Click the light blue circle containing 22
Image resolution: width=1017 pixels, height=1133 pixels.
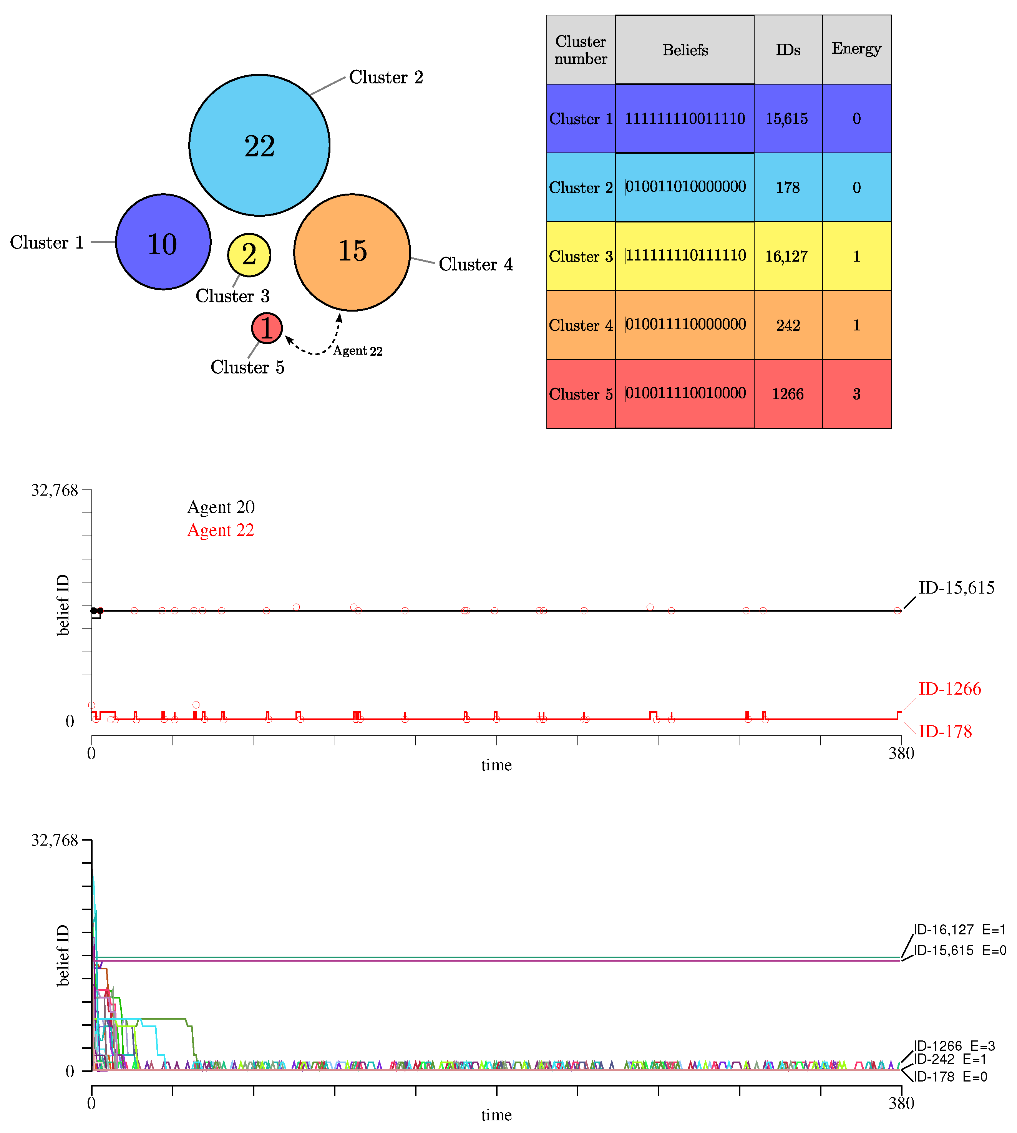click(x=259, y=145)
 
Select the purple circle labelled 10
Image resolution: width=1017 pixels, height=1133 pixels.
click(x=163, y=242)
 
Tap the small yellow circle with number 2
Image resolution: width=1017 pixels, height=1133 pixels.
click(x=249, y=255)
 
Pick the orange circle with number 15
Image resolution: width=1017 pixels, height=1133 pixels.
click(x=352, y=252)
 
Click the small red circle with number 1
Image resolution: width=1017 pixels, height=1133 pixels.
click(x=267, y=328)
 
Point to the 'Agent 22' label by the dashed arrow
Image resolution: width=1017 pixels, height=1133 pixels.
click(x=358, y=351)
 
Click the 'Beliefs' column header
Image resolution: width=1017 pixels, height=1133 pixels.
click(x=685, y=50)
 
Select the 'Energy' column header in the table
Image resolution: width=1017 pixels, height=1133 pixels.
click(x=856, y=49)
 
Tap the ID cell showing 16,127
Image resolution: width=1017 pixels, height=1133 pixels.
click(x=787, y=256)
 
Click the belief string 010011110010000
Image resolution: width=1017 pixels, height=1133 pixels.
click(x=685, y=393)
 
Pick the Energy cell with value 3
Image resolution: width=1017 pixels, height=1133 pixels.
click(x=856, y=394)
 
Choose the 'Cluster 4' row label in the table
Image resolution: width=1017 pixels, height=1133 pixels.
click(x=581, y=325)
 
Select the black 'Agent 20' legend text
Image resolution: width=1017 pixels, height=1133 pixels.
click(x=221, y=507)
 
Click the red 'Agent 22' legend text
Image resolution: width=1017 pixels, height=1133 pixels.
click(x=221, y=530)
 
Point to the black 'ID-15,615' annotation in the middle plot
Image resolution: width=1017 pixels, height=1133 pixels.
click(x=956, y=588)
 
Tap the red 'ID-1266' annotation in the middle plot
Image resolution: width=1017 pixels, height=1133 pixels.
click(x=949, y=689)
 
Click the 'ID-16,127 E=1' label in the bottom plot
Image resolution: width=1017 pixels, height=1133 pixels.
click(x=959, y=930)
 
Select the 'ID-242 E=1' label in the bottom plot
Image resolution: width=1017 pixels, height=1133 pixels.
click(x=950, y=1059)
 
